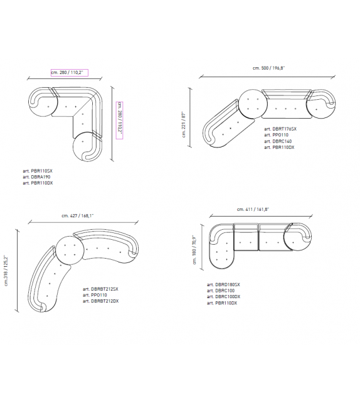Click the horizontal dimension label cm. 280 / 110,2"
pos(67,72)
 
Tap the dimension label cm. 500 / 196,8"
pos(269,68)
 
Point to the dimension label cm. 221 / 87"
pos(184,124)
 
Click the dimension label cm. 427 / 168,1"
pos(78,216)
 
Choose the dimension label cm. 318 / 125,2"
pos(6,271)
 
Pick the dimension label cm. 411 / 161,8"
pos(253,210)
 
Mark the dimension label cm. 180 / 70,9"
pos(194,250)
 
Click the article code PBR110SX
pos(41,171)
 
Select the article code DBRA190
pos(41,177)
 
